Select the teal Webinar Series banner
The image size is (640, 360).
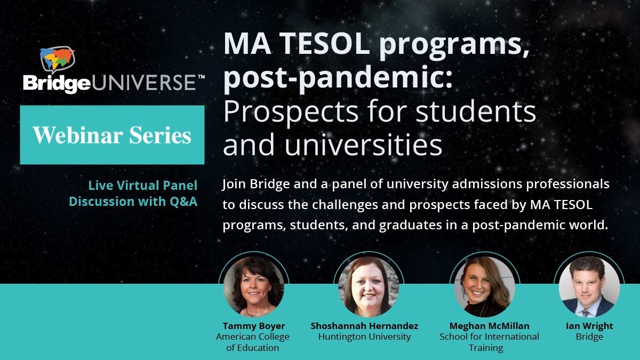pyautogui.click(x=112, y=134)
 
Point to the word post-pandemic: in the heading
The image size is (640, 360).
pyautogui.click(x=338, y=78)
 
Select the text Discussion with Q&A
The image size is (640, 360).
pyautogui.click(x=133, y=202)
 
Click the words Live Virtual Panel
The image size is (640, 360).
pyautogui.click(x=142, y=186)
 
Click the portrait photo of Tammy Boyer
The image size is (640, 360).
pyautogui.click(x=254, y=287)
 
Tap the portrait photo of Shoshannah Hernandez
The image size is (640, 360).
pyautogui.click(x=369, y=287)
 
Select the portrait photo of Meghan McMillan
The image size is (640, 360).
pyautogui.click(x=484, y=287)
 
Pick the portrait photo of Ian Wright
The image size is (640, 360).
pyautogui.click(x=589, y=287)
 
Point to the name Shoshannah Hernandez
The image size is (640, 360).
pyautogui.click(x=364, y=326)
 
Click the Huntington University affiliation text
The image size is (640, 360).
pyautogui.click(x=364, y=337)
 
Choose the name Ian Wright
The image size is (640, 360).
pyautogui.click(x=589, y=326)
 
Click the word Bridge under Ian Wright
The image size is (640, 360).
pyautogui.click(x=589, y=337)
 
